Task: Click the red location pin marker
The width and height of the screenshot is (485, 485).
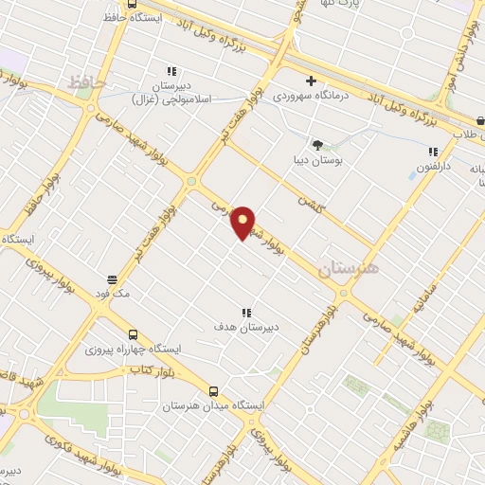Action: (243, 222)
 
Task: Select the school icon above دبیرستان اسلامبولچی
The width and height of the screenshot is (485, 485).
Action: (171, 70)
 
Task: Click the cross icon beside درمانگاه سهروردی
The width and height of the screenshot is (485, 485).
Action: (310, 81)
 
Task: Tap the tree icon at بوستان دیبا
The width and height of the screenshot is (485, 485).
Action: (317, 145)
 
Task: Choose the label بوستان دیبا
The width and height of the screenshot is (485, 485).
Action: (317, 160)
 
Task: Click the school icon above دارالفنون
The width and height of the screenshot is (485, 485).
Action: (433, 152)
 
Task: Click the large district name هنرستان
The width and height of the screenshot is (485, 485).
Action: (348, 269)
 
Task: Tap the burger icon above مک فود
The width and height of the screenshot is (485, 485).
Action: (113, 279)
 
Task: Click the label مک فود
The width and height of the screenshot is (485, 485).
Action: (113, 295)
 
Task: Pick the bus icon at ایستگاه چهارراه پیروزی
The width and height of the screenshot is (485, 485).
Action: (133, 334)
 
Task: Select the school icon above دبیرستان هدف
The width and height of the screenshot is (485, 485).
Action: (246, 312)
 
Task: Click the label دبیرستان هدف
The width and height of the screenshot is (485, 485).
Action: (245, 327)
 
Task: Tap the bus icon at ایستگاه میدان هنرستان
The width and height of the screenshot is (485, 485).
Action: (213, 390)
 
